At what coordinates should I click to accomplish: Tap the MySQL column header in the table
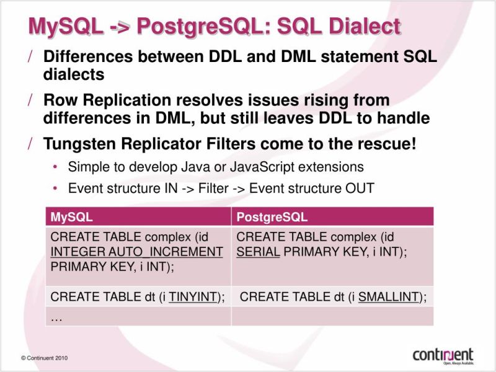72,217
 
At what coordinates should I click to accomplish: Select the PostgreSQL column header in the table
272,217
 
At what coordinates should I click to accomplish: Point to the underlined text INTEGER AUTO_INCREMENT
136,252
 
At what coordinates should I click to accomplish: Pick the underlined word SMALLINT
389,296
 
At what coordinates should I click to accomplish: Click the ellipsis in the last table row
57,316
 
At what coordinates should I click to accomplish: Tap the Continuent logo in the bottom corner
443,355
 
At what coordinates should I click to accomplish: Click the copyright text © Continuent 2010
44,358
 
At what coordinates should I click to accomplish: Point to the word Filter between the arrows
214,188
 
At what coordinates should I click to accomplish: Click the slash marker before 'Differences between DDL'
30,56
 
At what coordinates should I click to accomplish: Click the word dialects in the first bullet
73,74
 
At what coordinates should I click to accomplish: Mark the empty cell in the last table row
332,316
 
